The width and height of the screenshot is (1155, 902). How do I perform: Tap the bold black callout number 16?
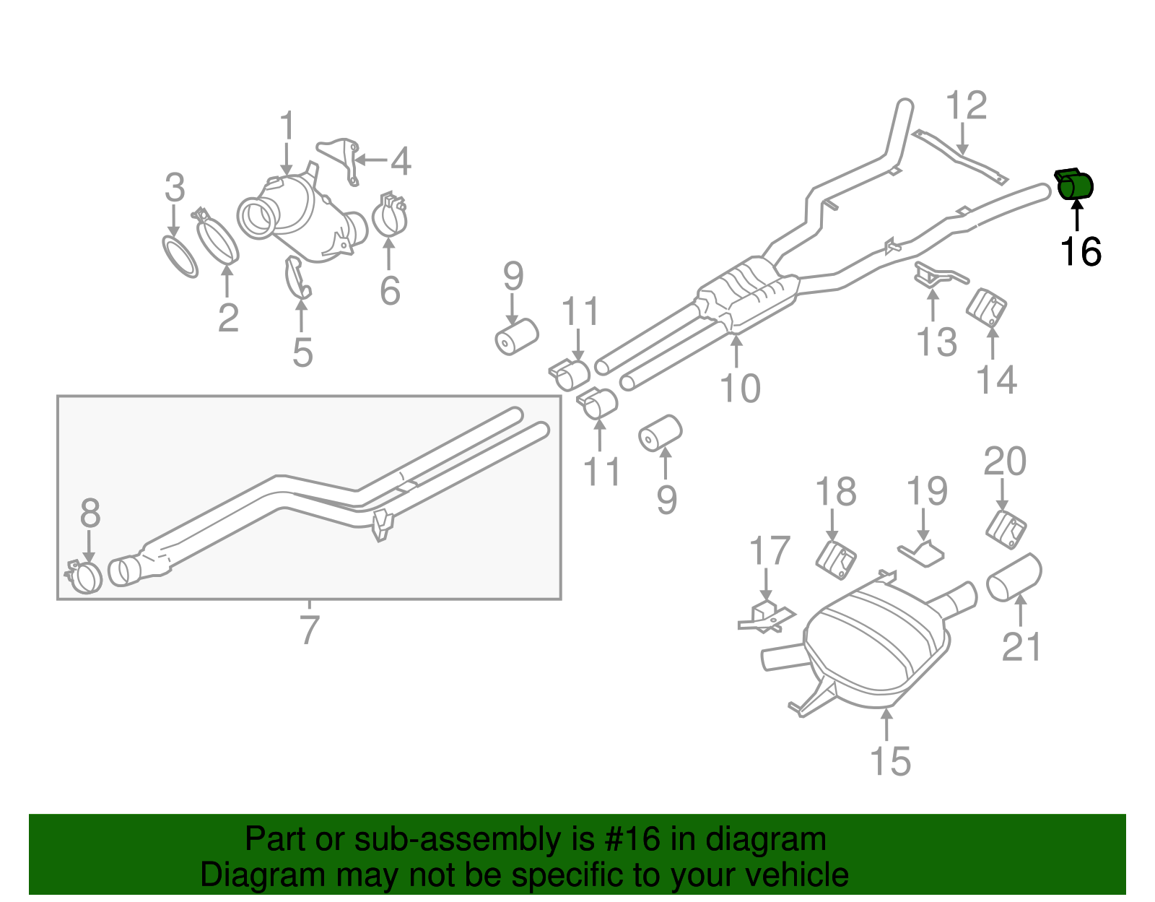(1081, 252)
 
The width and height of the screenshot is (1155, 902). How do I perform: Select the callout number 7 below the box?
(309, 630)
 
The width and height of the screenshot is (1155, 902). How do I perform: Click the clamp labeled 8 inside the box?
(86, 578)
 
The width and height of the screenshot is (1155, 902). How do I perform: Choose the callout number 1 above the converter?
(287, 126)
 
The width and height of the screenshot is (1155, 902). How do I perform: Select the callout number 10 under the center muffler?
(740, 388)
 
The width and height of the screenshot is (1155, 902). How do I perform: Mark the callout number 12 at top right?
(966, 106)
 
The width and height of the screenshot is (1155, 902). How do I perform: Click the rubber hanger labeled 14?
(986, 308)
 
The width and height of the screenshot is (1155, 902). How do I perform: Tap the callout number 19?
(927, 492)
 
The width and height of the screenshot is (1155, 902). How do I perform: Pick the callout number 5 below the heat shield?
(302, 352)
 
